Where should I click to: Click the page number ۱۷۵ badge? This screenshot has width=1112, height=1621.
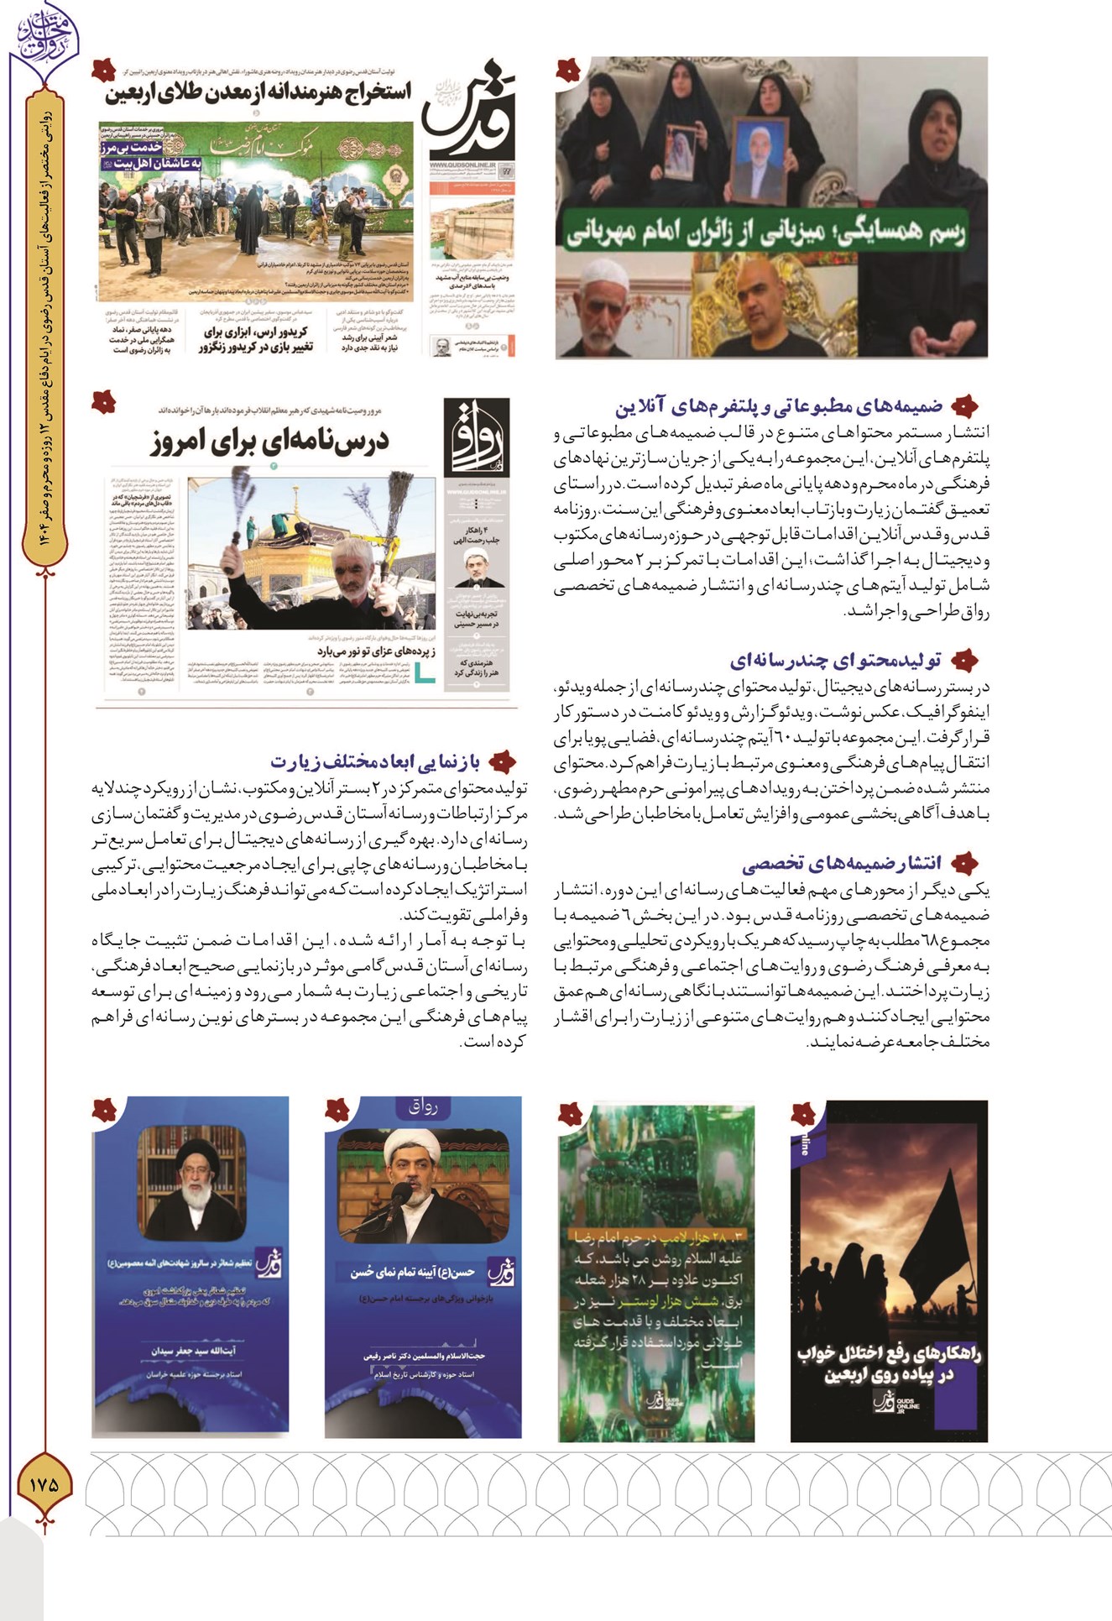[44, 1483]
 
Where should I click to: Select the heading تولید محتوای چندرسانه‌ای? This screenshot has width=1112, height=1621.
[835, 660]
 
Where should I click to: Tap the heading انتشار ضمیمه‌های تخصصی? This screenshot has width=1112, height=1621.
[842, 862]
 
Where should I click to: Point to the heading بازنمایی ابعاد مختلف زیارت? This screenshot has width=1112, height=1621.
[375, 761]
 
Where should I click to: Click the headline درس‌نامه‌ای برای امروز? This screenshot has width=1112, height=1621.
[270, 441]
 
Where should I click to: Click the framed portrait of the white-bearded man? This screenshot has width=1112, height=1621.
[760, 155]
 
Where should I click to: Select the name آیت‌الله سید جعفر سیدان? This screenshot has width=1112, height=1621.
[193, 1351]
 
